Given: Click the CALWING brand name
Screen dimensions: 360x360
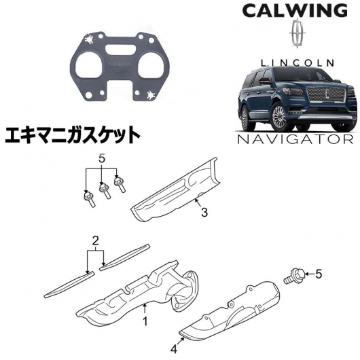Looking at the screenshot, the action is click(x=295, y=11).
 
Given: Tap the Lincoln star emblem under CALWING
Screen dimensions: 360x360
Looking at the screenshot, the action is click(x=298, y=34).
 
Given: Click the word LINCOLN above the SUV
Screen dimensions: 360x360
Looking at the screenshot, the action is click(x=298, y=62).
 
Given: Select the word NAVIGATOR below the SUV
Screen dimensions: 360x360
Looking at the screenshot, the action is click(x=295, y=139).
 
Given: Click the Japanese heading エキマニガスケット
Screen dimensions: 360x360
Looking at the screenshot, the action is click(x=73, y=135).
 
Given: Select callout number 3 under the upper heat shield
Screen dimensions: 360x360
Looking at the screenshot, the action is click(x=204, y=212).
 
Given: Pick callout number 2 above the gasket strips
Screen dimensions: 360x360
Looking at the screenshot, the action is click(x=96, y=241).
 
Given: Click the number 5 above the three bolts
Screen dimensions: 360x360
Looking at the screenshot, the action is click(x=102, y=159).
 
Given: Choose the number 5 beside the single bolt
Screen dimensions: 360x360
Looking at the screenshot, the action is click(x=318, y=274).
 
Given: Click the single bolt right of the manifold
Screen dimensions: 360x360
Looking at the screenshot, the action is click(x=294, y=276).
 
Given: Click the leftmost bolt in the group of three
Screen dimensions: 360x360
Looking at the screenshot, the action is click(x=88, y=199).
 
